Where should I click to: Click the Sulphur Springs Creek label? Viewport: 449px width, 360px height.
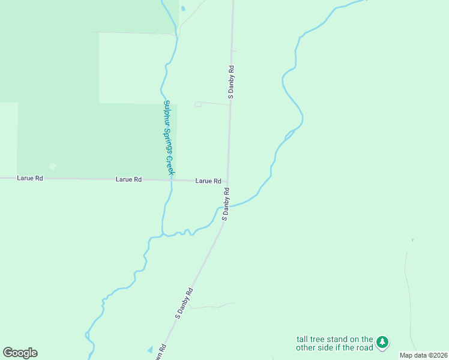[x=169, y=137]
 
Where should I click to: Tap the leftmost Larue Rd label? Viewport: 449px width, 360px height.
[x=29, y=178]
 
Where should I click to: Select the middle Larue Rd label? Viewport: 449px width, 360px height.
[x=128, y=179]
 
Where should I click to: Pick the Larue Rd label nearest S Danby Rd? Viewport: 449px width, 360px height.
[x=208, y=181]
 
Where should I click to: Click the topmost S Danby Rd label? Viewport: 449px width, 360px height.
[x=231, y=82]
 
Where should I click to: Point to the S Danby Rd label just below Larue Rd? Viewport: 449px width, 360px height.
[x=226, y=204]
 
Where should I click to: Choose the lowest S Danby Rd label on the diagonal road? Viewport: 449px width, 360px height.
[x=184, y=302]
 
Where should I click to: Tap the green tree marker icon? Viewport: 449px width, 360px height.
[x=382, y=343]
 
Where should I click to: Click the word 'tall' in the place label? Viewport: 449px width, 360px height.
[x=303, y=339]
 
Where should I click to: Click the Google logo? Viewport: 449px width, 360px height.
[x=20, y=353]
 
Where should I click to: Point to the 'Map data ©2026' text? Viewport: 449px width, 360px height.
[x=423, y=355]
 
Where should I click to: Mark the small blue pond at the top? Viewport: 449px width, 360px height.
[x=182, y=8]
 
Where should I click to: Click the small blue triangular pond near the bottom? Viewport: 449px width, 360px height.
[x=149, y=349]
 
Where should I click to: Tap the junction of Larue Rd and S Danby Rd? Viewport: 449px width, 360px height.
[x=228, y=181]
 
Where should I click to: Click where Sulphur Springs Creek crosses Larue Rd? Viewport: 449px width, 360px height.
[x=172, y=179]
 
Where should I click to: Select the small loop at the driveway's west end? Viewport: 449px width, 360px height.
[x=198, y=104]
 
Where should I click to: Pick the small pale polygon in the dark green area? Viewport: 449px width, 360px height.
[x=52, y=166]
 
